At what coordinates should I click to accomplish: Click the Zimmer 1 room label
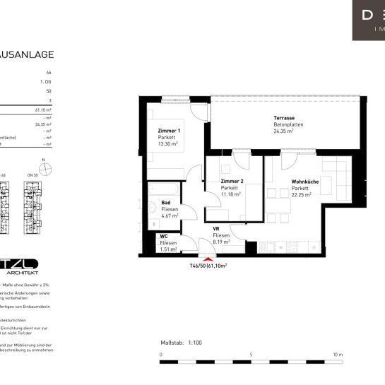tap(169, 131)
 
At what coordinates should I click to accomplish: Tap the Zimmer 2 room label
tap(232, 181)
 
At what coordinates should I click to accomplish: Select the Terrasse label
tap(284, 117)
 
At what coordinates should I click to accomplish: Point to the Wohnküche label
tap(304, 182)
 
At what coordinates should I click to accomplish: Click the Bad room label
tap(165, 202)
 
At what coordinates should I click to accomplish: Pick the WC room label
tap(163, 236)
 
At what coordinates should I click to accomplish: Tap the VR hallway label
tap(217, 229)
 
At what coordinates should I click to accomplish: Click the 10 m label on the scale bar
tap(337, 355)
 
